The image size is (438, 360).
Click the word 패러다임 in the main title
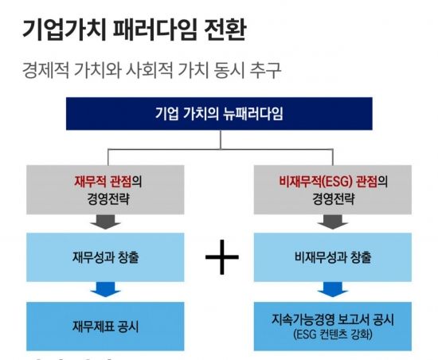[x=155, y=29]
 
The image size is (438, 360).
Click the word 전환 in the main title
[x=225, y=29]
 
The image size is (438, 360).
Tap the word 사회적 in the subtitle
[x=149, y=70]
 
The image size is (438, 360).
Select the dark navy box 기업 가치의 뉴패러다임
[x=219, y=113]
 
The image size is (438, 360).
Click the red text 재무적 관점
[x=103, y=182]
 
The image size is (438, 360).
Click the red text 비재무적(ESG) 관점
[x=328, y=182]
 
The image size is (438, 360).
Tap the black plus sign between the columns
[x=222, y=257]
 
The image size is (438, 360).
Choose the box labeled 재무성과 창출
[x=105, y=257]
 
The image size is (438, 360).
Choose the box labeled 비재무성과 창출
[x=332, y=257]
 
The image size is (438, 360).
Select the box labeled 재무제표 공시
[x=105, y=327]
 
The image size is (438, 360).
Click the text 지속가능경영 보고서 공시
[x=333, y=319]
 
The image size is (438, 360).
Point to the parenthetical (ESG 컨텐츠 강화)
[x=333, y=334]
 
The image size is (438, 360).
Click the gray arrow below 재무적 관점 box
[x=105, y=222]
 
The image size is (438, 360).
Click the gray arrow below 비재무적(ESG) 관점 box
[x=333, y=222]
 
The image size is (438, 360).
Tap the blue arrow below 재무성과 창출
[x=105, y=290]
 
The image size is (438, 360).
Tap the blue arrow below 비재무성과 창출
[x=333, y=290]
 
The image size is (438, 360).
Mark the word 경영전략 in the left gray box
[x=108, y=199]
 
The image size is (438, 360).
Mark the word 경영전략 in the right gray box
[x=333, y=199]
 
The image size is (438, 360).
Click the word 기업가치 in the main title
[x=65, y=29]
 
